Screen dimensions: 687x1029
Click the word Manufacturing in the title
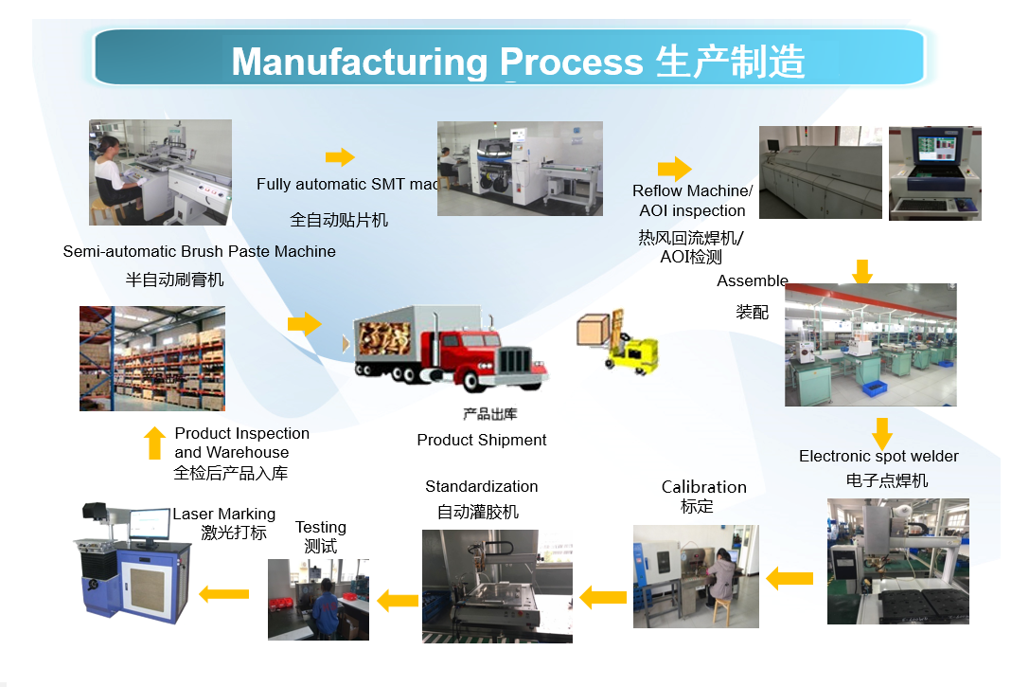point(360,62)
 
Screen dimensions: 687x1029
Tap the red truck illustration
point(451,350)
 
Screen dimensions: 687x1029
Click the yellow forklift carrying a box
point(619,340)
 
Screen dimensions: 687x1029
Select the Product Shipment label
point(482,440)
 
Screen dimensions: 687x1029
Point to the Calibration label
point(703,487)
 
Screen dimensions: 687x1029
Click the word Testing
point(321,527)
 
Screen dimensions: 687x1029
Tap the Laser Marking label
point(223,514)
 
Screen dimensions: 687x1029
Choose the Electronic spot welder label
point(878,457)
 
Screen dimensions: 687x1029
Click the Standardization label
point(481,486)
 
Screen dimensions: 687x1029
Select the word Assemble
point(753,280)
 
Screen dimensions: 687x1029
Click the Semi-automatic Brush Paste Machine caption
point(199,251)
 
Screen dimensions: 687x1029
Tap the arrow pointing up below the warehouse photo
point(155,443)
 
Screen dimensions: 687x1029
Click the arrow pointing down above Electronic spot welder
point(881,432)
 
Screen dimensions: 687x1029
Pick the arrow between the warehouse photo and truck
point(304,324)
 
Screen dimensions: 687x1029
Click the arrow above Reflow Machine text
point(674,169)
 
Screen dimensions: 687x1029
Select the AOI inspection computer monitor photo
point(934,173)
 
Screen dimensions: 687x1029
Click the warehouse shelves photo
point(152,358)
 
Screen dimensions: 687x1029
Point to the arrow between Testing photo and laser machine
point(223,594)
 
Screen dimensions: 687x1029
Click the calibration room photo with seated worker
point(696,576)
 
